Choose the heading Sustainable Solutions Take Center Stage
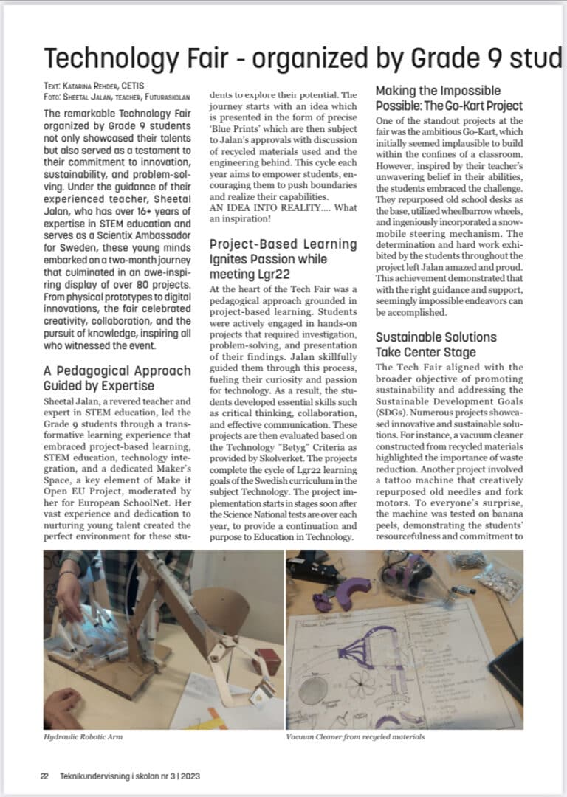coord(436,345)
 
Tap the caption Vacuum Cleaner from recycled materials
coord(355,736)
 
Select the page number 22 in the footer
coord(44,776)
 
